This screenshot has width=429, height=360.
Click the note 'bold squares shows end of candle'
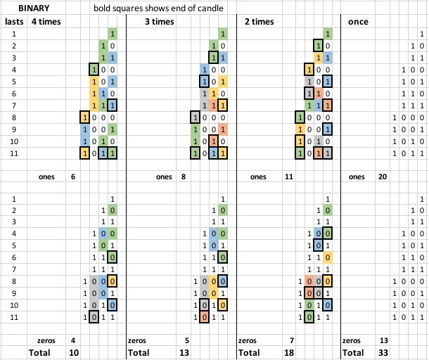[x=162, y=9]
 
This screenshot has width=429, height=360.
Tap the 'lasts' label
[x=14, y=22]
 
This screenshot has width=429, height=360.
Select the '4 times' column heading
[x=46, y=22]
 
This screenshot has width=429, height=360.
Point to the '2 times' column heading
[x=260, y=22]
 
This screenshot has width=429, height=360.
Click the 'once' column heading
[x=359, y=22]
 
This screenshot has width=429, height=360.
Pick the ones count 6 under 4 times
[x=72, y=177]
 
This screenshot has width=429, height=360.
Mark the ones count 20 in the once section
[x=383, y=177]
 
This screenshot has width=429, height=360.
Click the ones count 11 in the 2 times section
[x=288, y=177]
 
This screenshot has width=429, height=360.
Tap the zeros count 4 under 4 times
[x=72, y=340]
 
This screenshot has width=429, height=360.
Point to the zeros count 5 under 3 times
[x=184, y=340]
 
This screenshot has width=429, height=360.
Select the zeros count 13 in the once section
[x=384, y=340]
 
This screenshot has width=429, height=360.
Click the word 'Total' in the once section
[x=353, y=352]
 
